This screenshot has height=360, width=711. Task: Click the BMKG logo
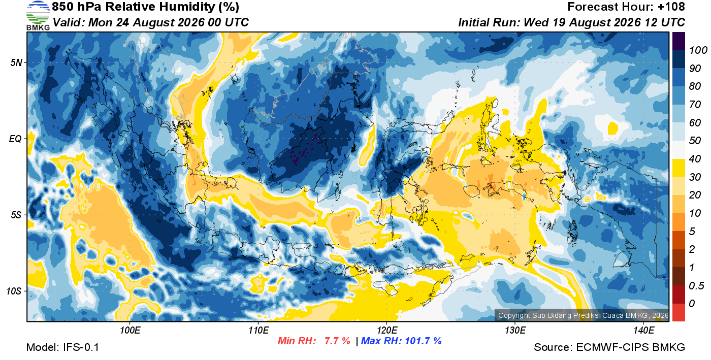[x=38, y=16]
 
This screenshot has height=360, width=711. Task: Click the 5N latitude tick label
[x=16, y=62]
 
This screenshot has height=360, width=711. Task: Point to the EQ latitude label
[x=16, y=139]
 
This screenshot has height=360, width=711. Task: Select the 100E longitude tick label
[x=130, y=330]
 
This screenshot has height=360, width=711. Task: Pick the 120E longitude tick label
[x=387, y=330]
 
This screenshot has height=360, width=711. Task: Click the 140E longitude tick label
[x=644, y=330]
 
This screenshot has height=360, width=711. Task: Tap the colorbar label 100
[x=698, y=50]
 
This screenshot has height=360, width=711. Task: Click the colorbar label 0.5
[x=696, y=286]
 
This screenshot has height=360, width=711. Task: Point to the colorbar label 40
[x=695, y=159]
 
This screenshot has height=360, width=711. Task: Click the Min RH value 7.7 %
[x=337, y=341]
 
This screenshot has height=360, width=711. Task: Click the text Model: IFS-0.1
[x=62, y=347]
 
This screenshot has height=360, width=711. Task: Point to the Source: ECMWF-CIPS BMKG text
[x=609, y=347]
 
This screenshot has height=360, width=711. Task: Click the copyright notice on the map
[x=583, y=315]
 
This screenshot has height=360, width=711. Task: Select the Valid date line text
[x=150, y=22]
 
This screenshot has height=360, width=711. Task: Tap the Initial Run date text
[x=571, y=22]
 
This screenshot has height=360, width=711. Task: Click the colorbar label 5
[x=692, y=232]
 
